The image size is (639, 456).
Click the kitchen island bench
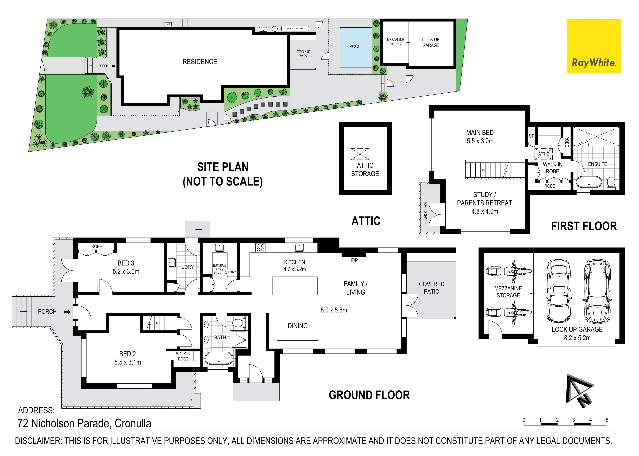[x=295, y=286]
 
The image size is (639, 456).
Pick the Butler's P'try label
[x=219, y=267]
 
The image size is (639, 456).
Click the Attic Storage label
[x=365, y=169]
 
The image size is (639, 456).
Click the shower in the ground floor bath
[x=239, y=339]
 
